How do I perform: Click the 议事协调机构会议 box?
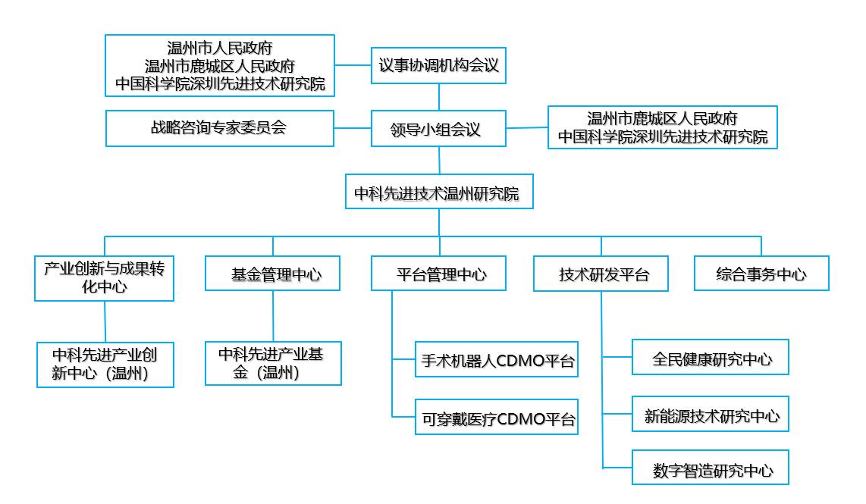[x=438, y=66]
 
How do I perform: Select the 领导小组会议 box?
[x=438, y=129]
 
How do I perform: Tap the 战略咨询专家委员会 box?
[x=220, y=128]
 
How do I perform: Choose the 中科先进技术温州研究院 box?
[x=439, y=192]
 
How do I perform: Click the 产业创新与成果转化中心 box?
[x=105, y=278]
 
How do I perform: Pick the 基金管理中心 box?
[x=273, y=274]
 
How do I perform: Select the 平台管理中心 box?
[x=438, y=274]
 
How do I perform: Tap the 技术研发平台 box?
[x=601, y=274]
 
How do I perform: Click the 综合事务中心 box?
[x=761, y=274]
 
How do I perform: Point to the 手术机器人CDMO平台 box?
[x=497, y=359]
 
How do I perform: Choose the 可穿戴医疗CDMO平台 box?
[x=497, y=417]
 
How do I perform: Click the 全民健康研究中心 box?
[x=711, y=357]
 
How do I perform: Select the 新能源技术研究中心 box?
[x=711, y=414]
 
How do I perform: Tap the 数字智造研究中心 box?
[x=711, y=468]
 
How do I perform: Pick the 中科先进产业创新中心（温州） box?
[x=105, y=365]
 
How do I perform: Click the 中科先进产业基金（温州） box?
[x=274, y=363]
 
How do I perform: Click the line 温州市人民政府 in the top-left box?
[x=220, y=48]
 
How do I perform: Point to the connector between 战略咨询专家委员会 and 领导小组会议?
[x=353, y=128]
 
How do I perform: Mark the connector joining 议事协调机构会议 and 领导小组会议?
[x=439, y=97]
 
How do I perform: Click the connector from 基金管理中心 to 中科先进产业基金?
[x=273, y=316]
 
